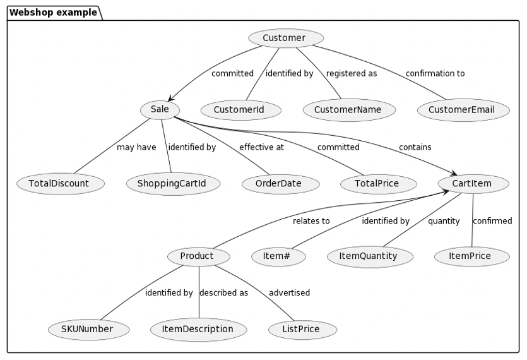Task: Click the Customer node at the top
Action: [x=286, y=39]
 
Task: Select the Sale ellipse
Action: [x=160, y=109]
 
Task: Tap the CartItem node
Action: [x=473, y=184]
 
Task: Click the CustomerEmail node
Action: [x=463, y=110]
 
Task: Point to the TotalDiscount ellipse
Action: [x=61, y=184]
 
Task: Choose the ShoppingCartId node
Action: [x=173, y=184]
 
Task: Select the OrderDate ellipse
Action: [x=280, y=184]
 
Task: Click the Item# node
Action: [x=278, y=256]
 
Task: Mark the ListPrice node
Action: [x=302, y=329]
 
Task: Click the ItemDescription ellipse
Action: [x=199, y=329]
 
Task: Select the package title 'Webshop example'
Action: [x=54, y=12]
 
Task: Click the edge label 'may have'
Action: [x=136, y=147]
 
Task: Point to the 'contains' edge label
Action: [x=415, y=147]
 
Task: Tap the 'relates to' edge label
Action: [x=311, y=221]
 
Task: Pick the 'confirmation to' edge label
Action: [x=435, y=73]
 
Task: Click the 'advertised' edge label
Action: [x=289, y=293]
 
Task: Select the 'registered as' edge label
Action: [x=352, y=73]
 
